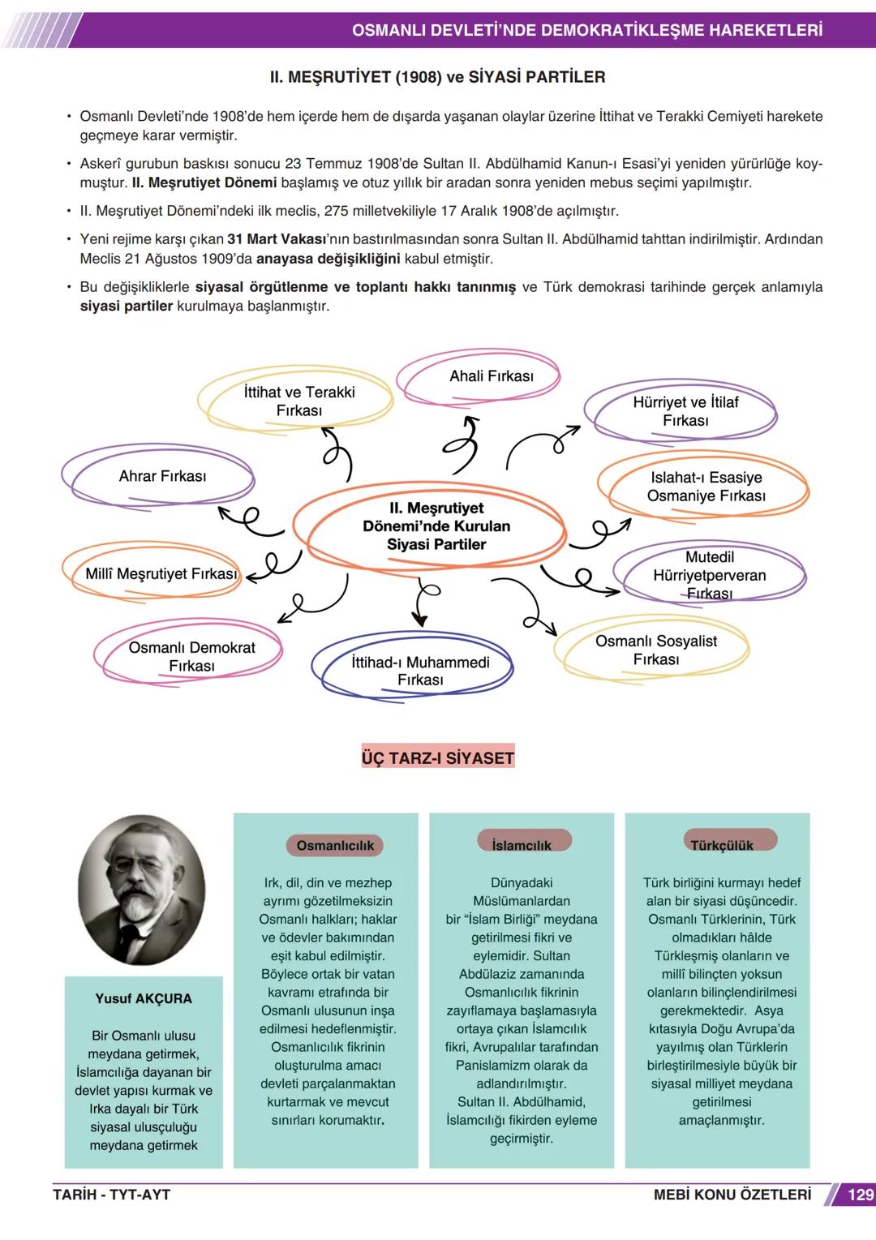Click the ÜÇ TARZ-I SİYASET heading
click(x=438, y=757)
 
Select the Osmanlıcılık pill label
click(x=334, y=846)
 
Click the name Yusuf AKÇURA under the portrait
click(x=144, y=998)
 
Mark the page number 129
click(x=859, y=1195)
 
